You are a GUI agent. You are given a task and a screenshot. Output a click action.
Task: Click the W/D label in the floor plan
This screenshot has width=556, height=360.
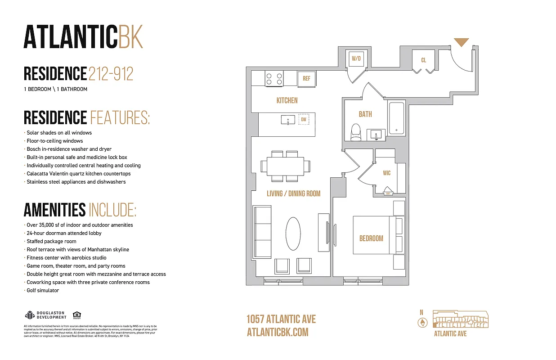pos(357,58)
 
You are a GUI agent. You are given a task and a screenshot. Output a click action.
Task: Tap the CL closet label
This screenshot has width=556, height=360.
pos(424,60)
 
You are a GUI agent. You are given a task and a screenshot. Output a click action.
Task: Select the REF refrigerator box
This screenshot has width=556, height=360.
pos(306,79)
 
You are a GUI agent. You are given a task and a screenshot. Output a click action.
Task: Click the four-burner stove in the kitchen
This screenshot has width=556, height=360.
pos(274,79)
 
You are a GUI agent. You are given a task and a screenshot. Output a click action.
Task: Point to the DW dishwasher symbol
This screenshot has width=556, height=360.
pos(304,120)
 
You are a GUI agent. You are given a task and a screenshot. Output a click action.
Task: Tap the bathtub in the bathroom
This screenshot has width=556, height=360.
pos(396,118)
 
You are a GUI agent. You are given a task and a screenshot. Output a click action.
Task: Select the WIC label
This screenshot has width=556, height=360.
pos(386,173)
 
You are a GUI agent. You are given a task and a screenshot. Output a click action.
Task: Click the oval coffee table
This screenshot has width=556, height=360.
pos(293,234)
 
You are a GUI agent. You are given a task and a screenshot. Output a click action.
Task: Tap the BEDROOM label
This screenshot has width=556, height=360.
pos(371,238)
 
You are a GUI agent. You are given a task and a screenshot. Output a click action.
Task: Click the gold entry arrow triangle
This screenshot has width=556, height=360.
pos(461,42)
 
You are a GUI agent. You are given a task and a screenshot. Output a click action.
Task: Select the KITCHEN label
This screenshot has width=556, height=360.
pos(287,100)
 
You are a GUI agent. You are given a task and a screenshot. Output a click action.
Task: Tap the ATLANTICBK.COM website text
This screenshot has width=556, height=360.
pos(278,332)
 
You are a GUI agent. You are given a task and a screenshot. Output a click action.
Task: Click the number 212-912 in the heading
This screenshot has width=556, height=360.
pos(111,74)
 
